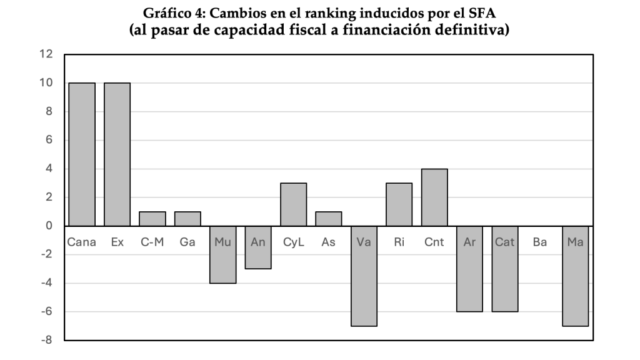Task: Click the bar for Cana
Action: click(x=82, y=154)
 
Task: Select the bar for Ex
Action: click(x=117, y=154)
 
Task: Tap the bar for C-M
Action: click(x=152, y=219)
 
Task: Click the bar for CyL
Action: click(x=293, y=204)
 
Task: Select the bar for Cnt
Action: click(x=434, y=197)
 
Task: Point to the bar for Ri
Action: click(x=399, y=204)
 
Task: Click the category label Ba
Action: click(x=540, y=241)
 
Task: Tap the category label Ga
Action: click(x=187, y=241)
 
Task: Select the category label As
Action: click(x=329, y=241)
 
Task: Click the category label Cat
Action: click(x=505, y=241)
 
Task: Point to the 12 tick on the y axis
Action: click(x=46, y=54)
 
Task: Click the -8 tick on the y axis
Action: click(x=46, y=341)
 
